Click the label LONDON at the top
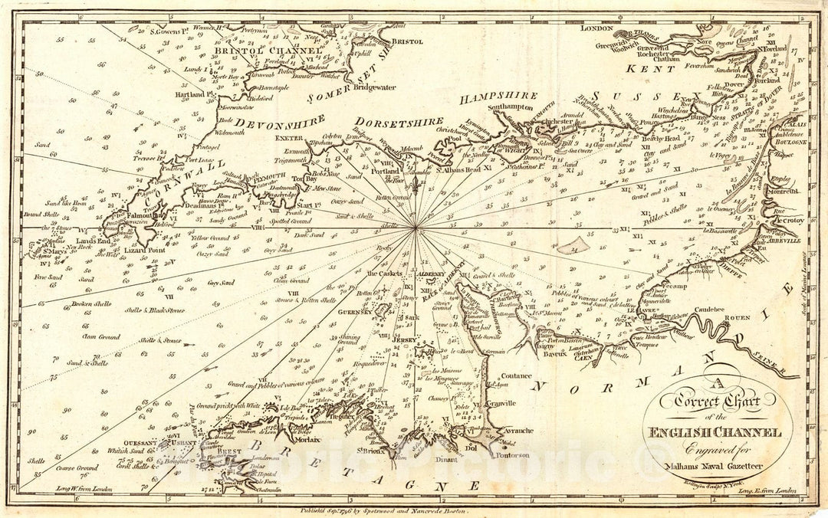tap(598, 28)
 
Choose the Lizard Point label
tap(146, 250)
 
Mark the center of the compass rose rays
tap(415, 227)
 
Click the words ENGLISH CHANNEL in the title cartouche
tap(715, 433)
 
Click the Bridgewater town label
tap(371, 87)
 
